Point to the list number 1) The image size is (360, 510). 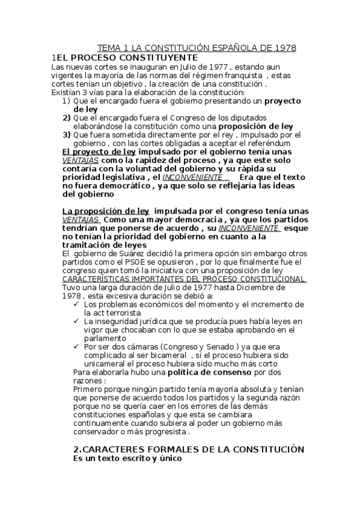point(66,101)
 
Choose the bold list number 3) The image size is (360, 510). point(66,135)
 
